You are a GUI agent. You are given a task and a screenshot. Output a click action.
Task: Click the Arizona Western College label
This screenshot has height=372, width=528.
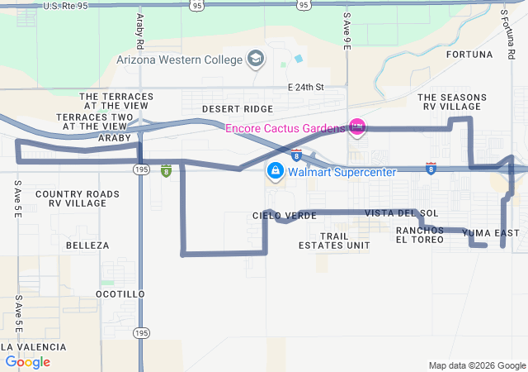coord(180,60)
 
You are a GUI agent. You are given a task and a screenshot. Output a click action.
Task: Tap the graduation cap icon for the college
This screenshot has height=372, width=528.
coord(256,59)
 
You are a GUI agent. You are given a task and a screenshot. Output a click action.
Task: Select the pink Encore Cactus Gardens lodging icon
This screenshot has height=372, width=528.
coord(357,127)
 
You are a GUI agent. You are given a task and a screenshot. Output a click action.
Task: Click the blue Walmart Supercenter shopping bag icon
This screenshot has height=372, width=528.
coord(275,172)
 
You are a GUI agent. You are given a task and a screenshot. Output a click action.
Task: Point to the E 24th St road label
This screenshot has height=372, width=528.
coord(306,87)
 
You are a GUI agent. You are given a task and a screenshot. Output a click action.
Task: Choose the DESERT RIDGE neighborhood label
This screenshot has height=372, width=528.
coord(237,109)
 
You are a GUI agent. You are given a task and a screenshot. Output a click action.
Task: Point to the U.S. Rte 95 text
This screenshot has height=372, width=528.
coord(65,6)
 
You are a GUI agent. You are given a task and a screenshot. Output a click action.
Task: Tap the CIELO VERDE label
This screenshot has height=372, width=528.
coord(285,215)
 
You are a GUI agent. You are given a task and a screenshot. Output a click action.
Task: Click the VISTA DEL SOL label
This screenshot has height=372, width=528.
coord(390,213)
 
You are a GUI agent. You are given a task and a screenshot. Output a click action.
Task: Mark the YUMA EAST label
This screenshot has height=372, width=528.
coord(491,233)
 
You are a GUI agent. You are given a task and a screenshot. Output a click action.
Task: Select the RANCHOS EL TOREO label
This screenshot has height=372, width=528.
coord(420,235)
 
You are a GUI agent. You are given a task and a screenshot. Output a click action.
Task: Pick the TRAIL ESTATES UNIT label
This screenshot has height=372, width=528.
coord(334,240)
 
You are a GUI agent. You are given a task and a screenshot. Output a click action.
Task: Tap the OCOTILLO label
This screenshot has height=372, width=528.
coord(120,294)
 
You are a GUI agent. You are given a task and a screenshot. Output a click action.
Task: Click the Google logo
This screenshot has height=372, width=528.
coord(28,361)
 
